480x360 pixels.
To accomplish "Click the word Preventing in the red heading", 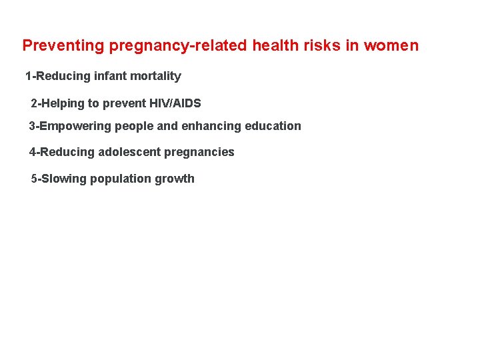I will coord(63,46).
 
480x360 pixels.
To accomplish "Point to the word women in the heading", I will coord(391,46).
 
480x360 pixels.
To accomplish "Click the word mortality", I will coord(155,76).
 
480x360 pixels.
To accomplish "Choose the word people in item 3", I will coord(134,126).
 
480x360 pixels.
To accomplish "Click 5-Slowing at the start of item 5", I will coord(59,179).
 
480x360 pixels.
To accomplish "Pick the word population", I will coord(121,179).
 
